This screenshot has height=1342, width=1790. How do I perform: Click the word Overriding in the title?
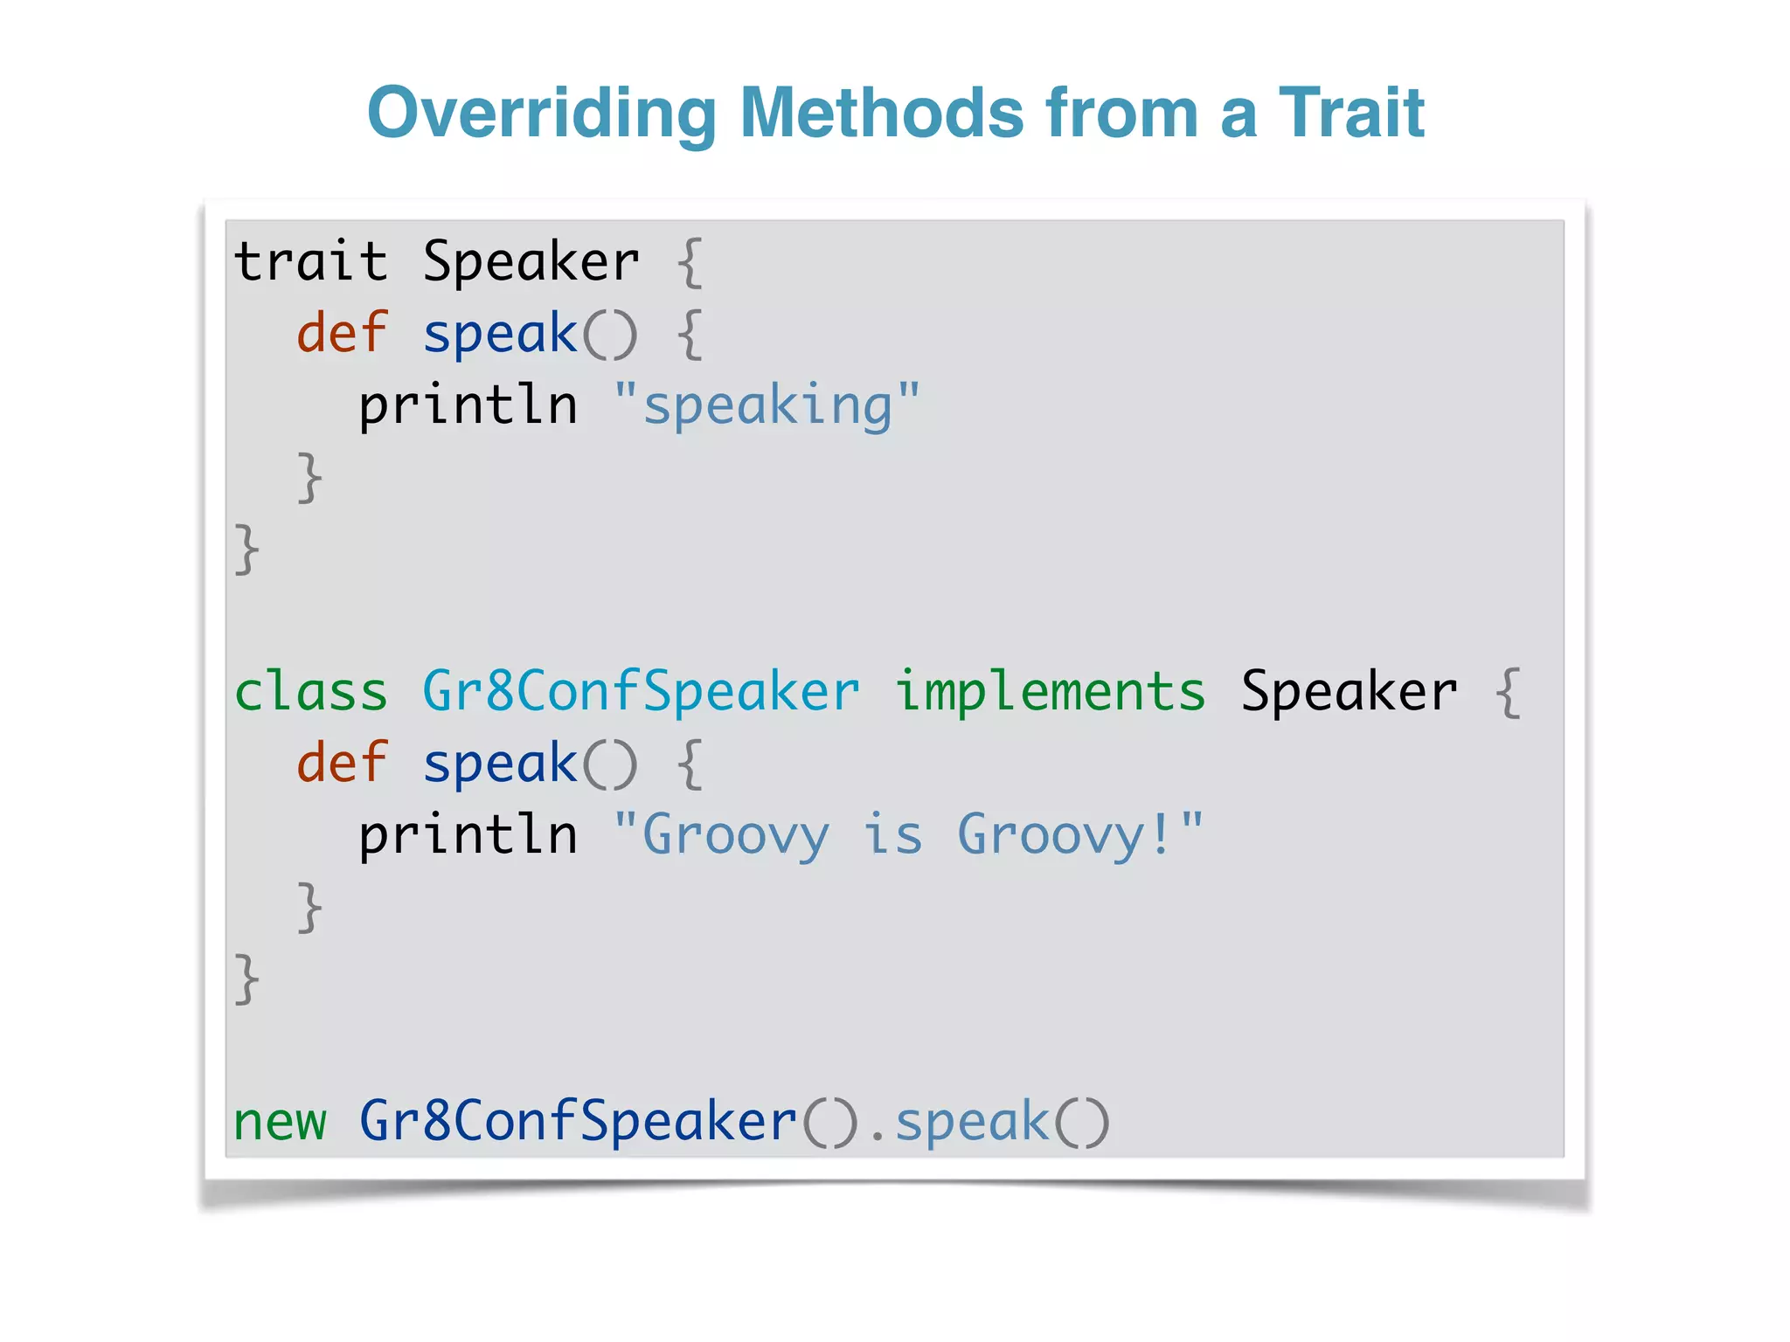[x=542, y=114]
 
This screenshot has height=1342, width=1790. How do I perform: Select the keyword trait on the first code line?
[x=310, y=262]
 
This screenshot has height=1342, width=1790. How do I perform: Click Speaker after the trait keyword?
[x=531, y=262]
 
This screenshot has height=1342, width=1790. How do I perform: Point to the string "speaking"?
[x=767, y=406]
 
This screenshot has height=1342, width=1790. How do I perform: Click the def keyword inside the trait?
[x=341, y=334]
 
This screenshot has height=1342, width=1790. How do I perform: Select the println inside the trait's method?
[x=468, y=406]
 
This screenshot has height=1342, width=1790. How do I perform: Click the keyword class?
[x=310, y=692]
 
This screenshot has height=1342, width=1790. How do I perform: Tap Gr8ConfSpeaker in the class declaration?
[x=641, y=692]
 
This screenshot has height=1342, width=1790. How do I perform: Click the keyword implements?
[x=1050, y=692]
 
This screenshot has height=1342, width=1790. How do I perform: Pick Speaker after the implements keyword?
[x=1349, y=692]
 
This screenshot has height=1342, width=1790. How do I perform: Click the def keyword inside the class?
[x=341, y=764]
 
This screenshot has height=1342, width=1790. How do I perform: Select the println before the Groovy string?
[x=468, y=835]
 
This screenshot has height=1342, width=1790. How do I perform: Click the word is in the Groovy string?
[x=893, y=835]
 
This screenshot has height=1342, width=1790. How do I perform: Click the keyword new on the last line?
[x=280, y=1122]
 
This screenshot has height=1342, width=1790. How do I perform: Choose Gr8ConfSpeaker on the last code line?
[x=578, y=1122]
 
